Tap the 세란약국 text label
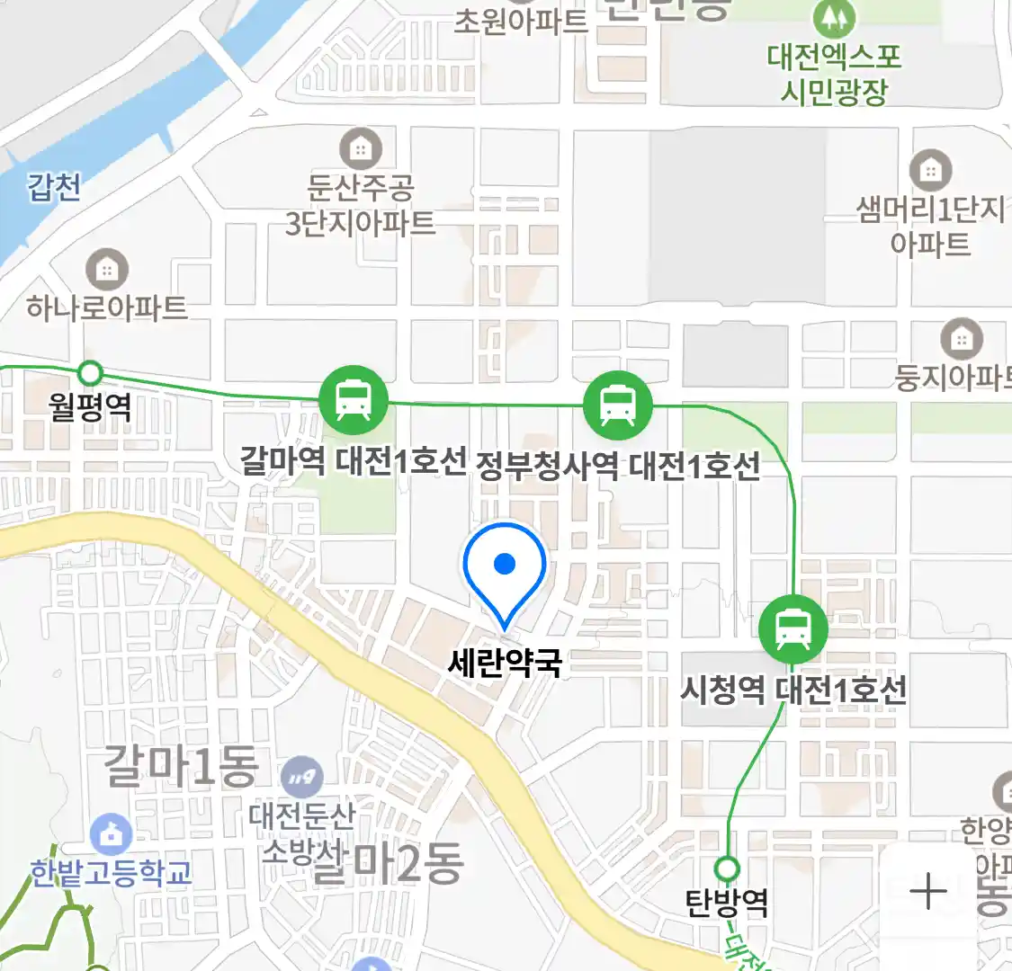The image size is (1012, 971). (x=505, y=664)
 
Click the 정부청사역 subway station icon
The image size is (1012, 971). (x=617, y=405)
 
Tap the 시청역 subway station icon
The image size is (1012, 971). (x=793, y=629)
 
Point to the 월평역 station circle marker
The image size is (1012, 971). (x=89, y=372)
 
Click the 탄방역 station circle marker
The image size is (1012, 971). (x=727, y=869)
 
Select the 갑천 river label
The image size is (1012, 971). (x=54, y=187)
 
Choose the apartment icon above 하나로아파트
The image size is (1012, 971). (x=107, y=269)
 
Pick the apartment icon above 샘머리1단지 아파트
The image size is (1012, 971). (x=931, y=170)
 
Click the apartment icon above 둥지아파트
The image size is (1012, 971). (x=962, y=339)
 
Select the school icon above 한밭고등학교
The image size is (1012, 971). (x=110, y=835)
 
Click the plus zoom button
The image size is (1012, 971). (x=927, y=892)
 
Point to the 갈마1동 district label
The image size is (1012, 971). (x=181, y=765)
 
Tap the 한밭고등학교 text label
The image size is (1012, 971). (x=110, y=872)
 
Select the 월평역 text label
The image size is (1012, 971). (x=90, y=407)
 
